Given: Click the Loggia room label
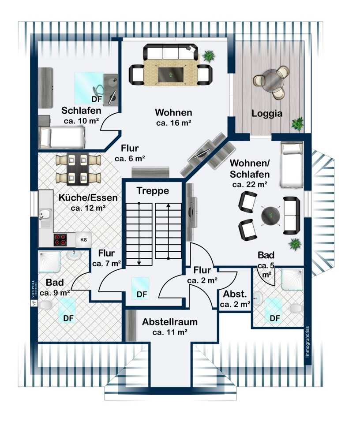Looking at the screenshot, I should coord(267,113).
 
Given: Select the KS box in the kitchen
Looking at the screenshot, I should coord(83,239).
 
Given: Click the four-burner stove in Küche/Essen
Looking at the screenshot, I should coord(60,239).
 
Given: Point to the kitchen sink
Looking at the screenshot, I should coord(45,216).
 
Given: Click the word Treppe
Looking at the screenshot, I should coord(153,191).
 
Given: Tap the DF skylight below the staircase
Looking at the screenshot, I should coord(141,288).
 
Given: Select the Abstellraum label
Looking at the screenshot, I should coord(169,322).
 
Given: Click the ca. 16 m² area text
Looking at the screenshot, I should coord(173,123).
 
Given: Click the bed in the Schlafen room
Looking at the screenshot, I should coord(61,137).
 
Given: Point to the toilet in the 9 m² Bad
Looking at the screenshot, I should coord(46,305).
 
